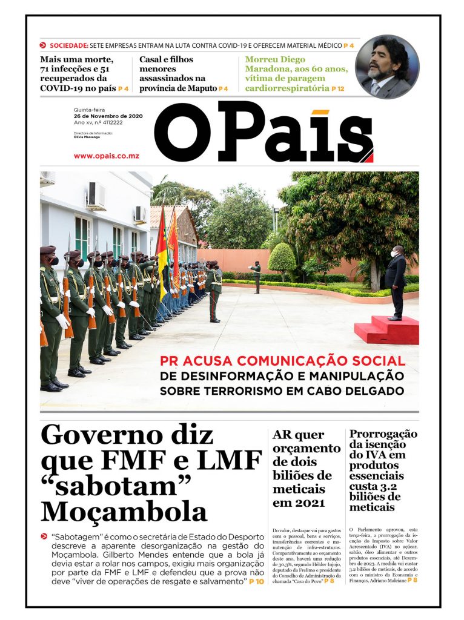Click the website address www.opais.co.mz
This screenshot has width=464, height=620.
point(107,156)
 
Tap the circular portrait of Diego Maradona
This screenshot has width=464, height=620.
point(386,67)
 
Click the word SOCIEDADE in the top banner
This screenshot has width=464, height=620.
point(68,45)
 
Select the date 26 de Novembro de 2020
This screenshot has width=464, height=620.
point(108,116)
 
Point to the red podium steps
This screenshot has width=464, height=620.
point(386,330)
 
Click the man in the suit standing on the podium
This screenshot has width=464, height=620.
point(396,282)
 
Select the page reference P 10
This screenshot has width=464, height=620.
point(256,582)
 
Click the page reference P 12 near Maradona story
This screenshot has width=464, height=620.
point(337,88)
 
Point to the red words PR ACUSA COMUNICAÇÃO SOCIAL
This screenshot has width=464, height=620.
point(283,361)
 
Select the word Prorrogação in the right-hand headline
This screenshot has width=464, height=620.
point(383,434)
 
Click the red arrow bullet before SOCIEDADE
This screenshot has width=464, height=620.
point(43,45)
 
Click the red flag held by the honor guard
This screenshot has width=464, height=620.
point(174,248)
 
